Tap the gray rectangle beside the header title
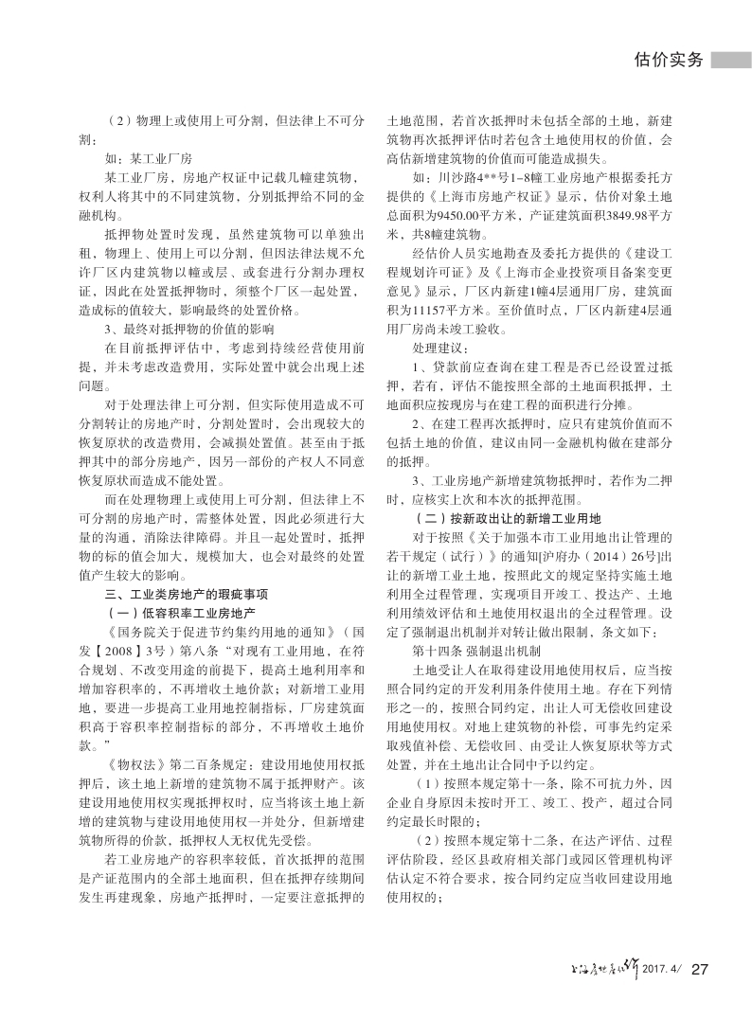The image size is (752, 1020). pyautogui.click(x=731, y=60)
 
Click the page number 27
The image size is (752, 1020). pyautogui.click(x=701, y=968)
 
